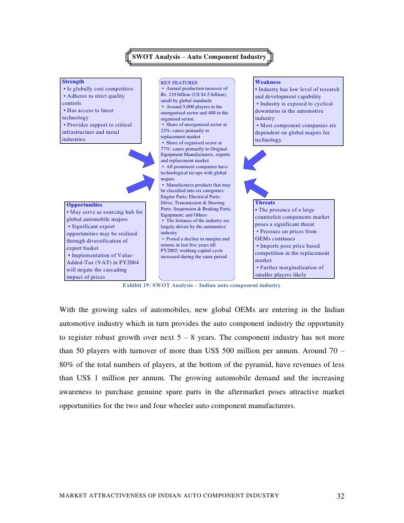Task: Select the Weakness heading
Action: tap(267, 82)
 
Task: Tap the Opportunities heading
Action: tap(85, 205)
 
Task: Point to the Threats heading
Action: tap(265, 203)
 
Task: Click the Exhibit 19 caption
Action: tap(201, 285)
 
